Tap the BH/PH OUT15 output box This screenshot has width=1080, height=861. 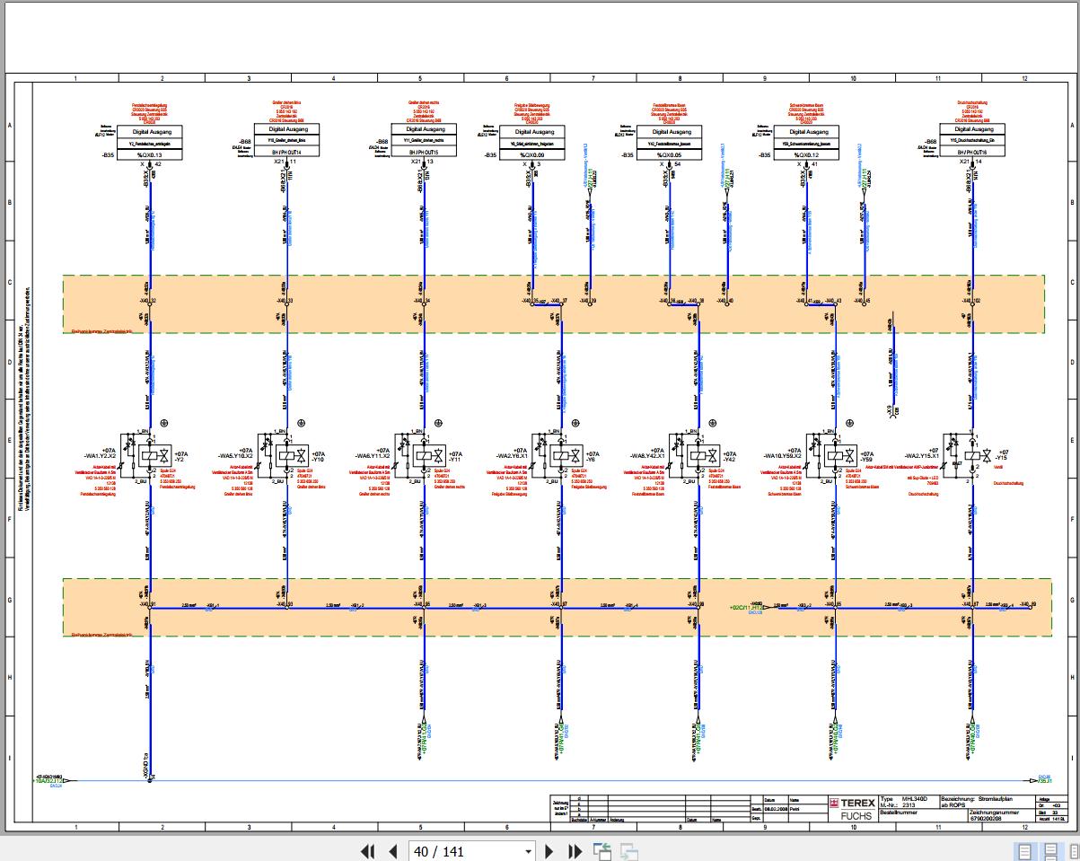click(x=424, y=154)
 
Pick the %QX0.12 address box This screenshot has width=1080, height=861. click(x=806, y=154)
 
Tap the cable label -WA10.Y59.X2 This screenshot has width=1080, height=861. click(x=784, y=455)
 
